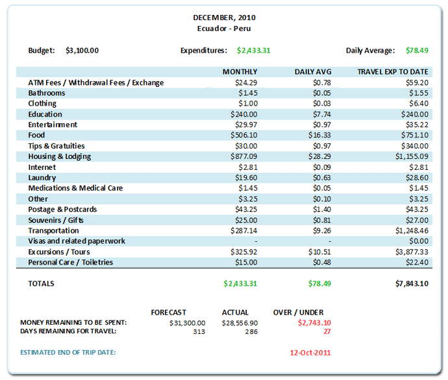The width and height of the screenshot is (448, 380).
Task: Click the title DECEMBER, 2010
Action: pyautogui.click(x=223, y=18)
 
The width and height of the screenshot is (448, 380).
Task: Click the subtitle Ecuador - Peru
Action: pyautogui.click(x=223, y=29)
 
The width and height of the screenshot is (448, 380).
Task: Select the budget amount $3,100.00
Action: pyautogui.click(x=82, y=51)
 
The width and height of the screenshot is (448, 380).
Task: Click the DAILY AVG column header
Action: pyautogui.click(x=312, y=72)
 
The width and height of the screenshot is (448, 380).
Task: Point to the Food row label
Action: pyautogui.click(x=36, y=136)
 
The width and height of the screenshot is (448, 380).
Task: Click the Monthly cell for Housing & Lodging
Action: pyautogui.click(x=243, y=157)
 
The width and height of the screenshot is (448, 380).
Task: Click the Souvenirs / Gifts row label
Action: pyautogui.click(x=56, y=220)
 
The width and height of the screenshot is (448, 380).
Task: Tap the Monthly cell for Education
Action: pyautogui.click(x=243, y=114)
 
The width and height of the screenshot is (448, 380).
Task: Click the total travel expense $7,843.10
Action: pyautogui.click(x=410, y=284)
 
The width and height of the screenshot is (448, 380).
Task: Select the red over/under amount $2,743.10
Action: pyautogui.click(x=314, y=323)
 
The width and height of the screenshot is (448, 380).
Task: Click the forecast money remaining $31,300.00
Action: pyautogui.click(x=187, y=323)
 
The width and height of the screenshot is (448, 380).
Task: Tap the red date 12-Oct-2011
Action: pyautogui.click(x=310, y=353)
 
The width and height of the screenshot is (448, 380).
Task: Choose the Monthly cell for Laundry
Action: pyautogui.click(x=246, y=178)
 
